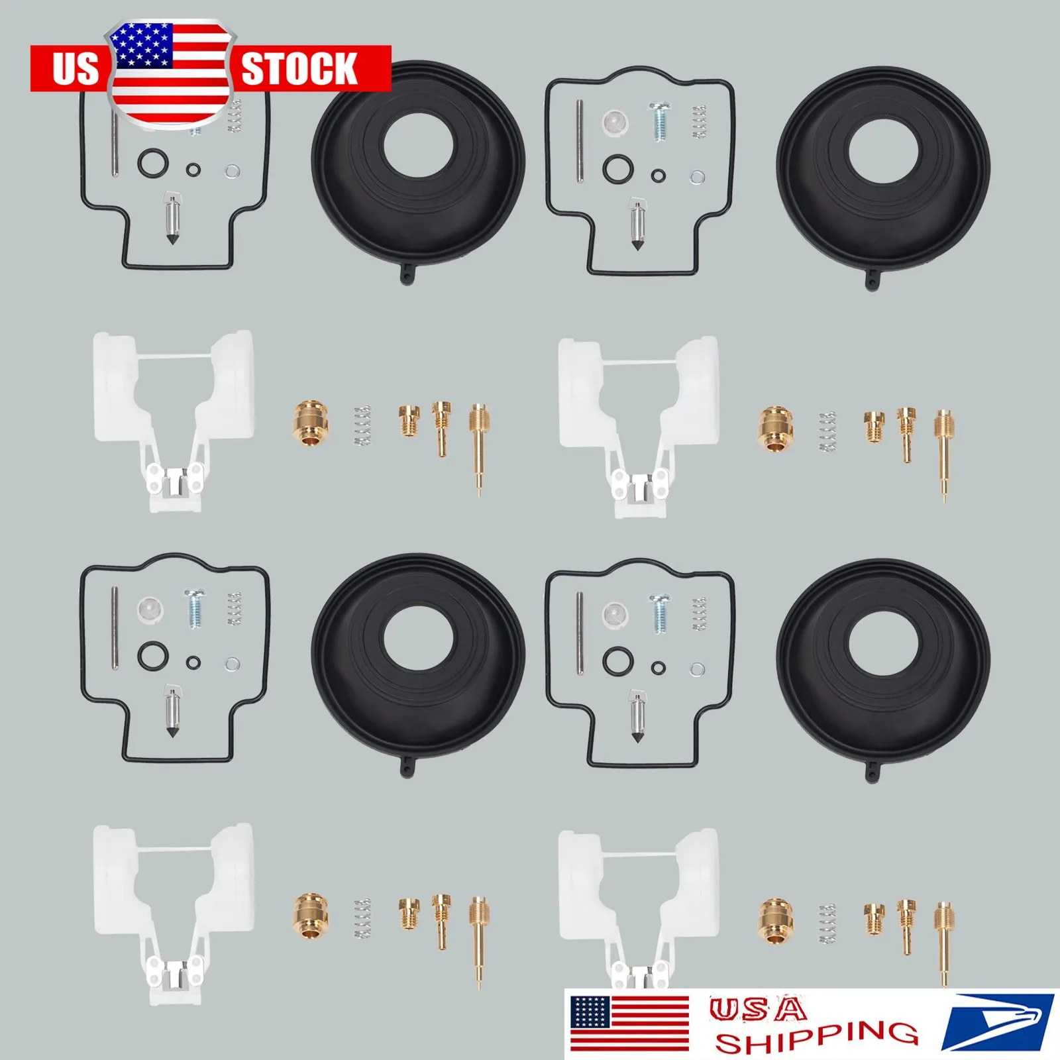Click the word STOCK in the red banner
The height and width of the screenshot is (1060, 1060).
(x=299, y=69)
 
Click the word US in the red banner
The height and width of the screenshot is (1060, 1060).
(x=75, y=69)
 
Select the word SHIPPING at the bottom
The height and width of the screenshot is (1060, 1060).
(x=816, y=1037)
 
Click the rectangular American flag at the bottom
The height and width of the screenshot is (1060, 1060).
(x=629, y=1024)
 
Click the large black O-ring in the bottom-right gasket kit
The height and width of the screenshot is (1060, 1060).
(x=617, y=661)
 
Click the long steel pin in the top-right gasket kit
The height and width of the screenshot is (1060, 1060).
(x=580, y=140)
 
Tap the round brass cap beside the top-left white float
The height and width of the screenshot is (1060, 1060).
(x=310, y=422)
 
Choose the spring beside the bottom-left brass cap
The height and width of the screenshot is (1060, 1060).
(x=362, y=918)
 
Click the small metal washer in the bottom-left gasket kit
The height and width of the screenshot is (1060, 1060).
(x=233, y=664)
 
